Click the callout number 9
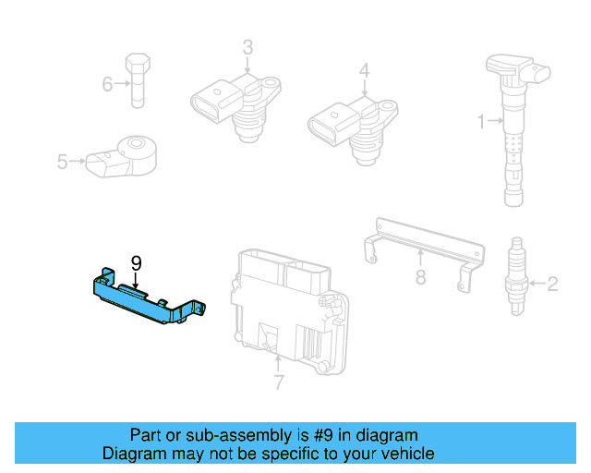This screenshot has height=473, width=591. (x=136, y=263)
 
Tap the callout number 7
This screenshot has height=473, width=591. (x=279, y=382)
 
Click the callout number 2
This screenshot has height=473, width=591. (x=552, y=284)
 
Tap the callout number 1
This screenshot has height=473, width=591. (x=480, y=119)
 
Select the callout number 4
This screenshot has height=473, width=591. (x=364, y=70)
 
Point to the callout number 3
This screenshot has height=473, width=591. (x=247, y=46)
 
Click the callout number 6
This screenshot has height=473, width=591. (x=108, y=85)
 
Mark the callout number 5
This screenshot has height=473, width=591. (x=62, y=162)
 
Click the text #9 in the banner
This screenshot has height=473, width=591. (x=304, y=435)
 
